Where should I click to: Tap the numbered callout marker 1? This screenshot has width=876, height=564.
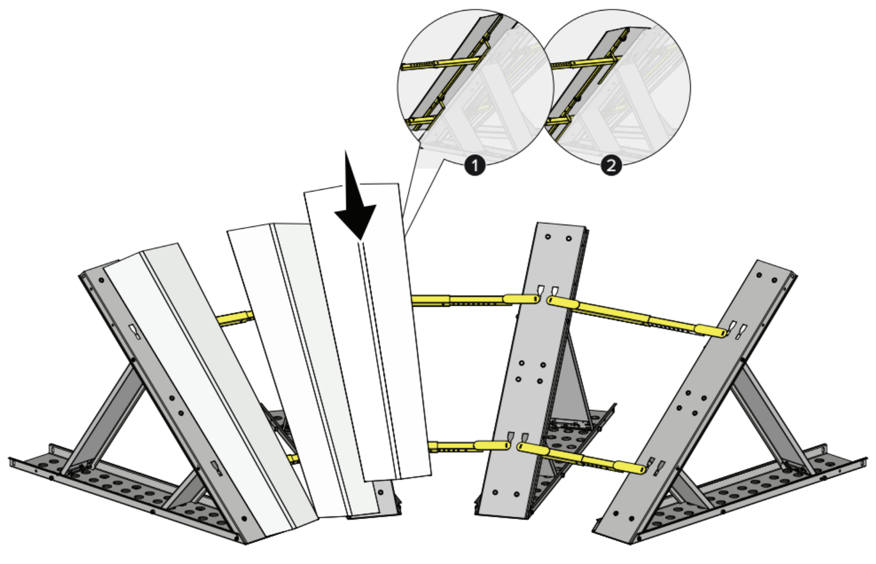point(475,166)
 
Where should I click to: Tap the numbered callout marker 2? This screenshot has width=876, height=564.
point(611,166)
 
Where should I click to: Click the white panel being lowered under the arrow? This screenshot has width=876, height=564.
point(368,332)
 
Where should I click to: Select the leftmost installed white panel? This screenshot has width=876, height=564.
point(211,391)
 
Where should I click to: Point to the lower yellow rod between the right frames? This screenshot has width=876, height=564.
point(582,458)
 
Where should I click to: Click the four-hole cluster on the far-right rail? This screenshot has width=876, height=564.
point(692,402)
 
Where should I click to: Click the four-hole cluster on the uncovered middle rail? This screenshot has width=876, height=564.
point(531,372)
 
